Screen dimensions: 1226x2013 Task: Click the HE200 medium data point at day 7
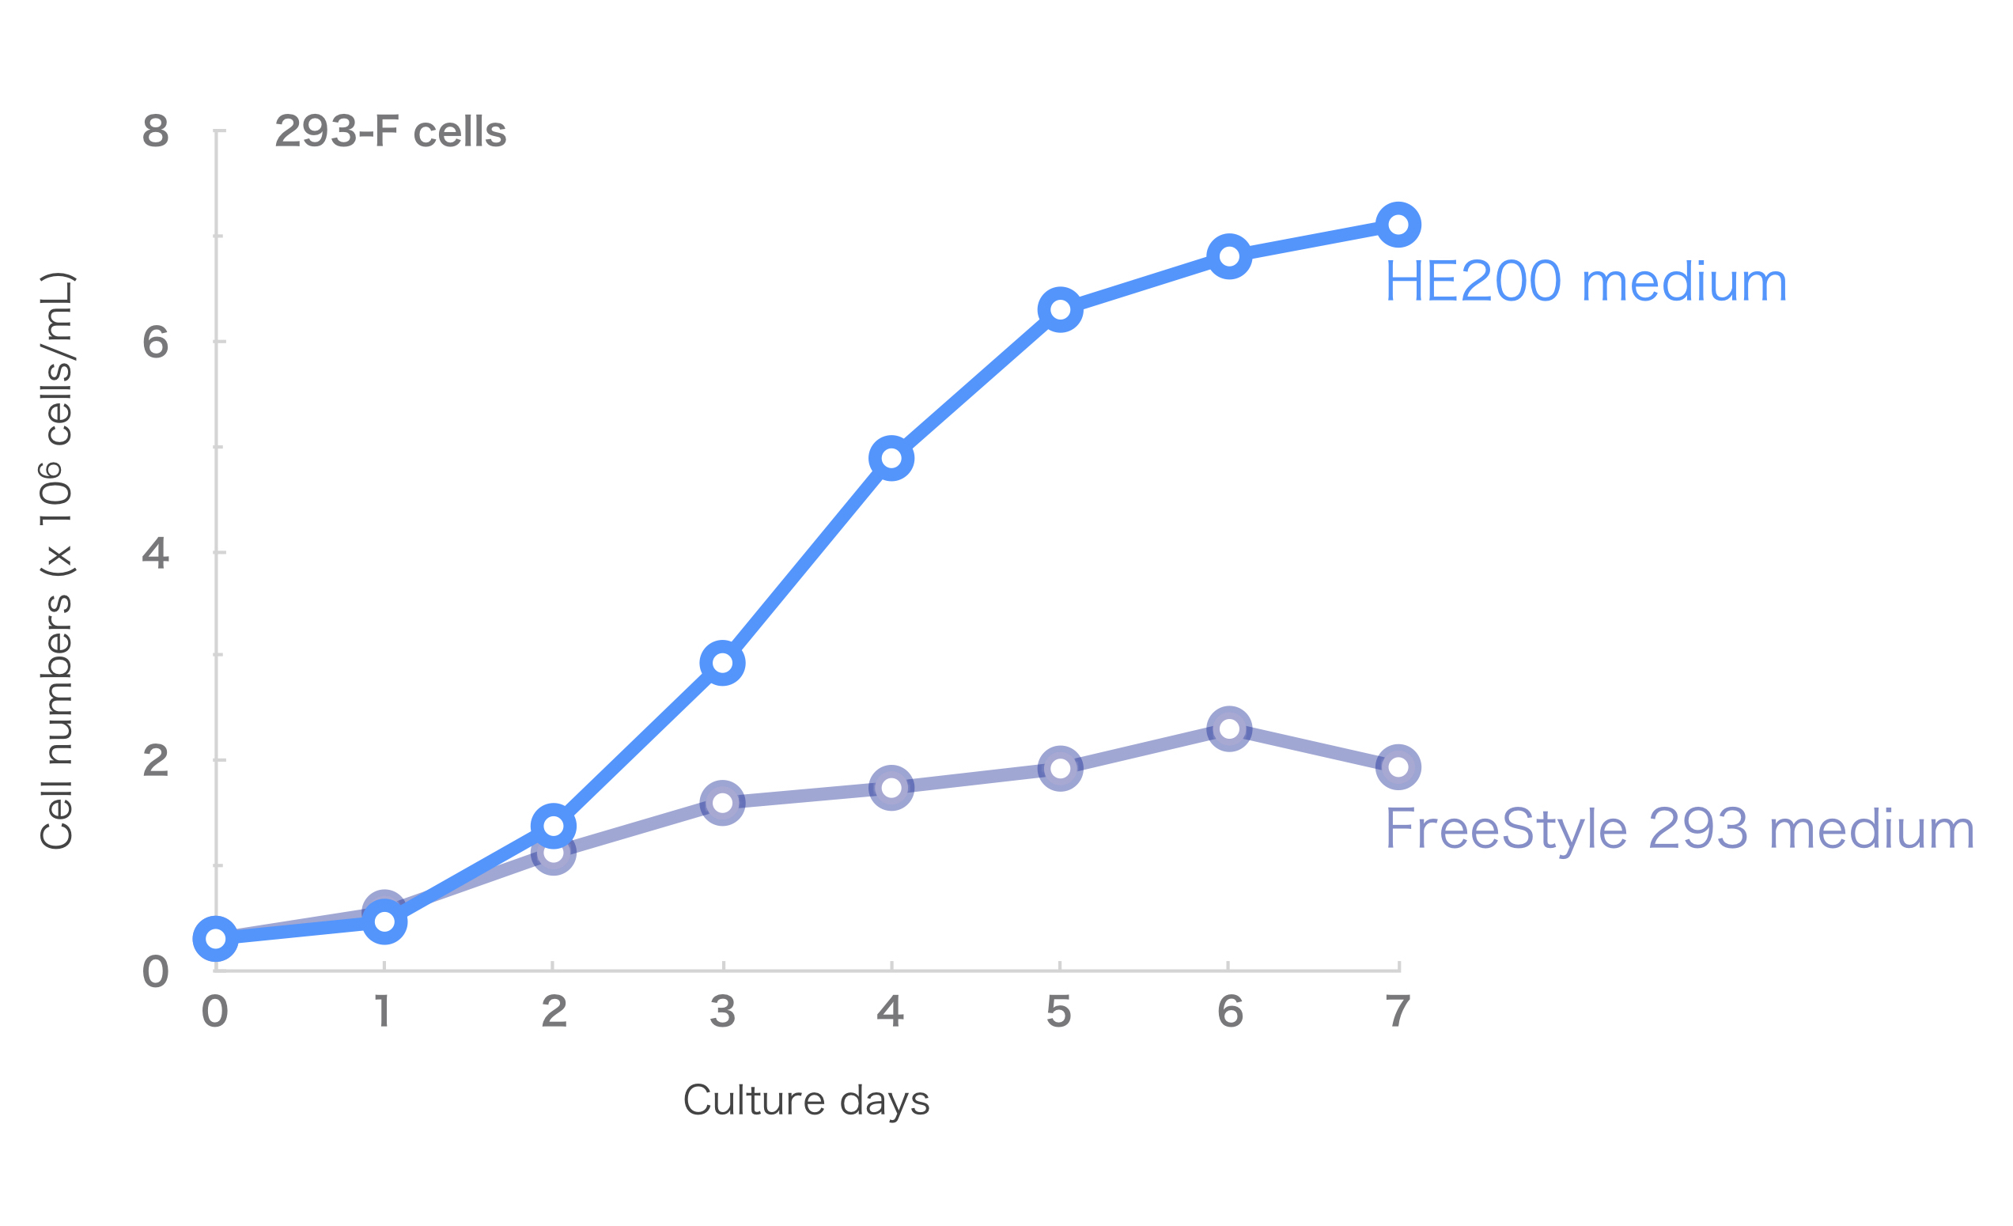tap(1398, 225)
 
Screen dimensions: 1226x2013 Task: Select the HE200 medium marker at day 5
tap(1060, 309)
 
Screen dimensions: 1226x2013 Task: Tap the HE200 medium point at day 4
tap(891, 458)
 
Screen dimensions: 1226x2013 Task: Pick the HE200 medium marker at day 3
tap(722, 662)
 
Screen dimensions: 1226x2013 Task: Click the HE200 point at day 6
tap(1228, 256)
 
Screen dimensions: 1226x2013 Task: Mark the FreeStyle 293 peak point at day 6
tap(1228, 728)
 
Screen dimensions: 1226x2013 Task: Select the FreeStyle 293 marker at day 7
tap(1398, 767)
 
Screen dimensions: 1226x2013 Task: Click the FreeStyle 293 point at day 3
tap(722, 803)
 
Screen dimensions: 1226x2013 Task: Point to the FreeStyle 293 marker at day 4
tap(891, 787)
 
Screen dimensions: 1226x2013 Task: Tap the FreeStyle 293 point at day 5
tap(1060, 768)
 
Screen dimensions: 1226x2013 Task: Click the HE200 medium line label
tap(1586, 282)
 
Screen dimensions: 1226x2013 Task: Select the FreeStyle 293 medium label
tap(1679, 830)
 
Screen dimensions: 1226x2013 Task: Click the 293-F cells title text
tap(391, 131)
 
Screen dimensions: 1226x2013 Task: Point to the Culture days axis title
tap(806, 1101)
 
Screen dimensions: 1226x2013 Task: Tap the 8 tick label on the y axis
tap(155, 131)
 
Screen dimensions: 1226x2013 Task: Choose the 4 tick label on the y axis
tap(155, 553)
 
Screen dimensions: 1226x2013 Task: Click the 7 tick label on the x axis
tap(1398, 1012)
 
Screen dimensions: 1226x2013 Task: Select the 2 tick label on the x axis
tap(554, 1012)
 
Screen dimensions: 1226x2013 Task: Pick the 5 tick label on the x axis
tap(1059, 1012)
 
